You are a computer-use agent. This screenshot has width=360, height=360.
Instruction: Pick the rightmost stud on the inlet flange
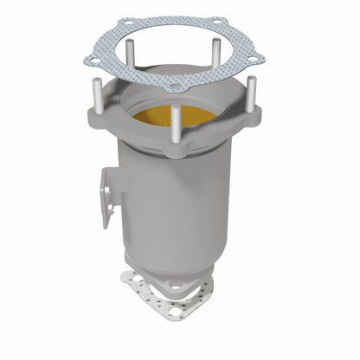(x=250, y=93)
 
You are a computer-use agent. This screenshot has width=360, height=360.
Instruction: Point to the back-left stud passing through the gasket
(x=131, y=54)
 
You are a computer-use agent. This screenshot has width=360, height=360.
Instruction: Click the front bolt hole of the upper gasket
(x=176, y=87)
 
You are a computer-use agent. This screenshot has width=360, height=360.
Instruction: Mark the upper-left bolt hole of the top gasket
(x=128, y=23)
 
